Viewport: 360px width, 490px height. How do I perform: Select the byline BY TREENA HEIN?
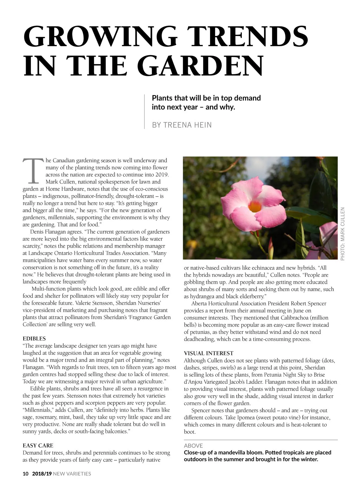[182, 125]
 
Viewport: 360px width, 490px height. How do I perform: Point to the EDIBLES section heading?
[34, 339]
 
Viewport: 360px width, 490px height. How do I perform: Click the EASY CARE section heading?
[38, 445]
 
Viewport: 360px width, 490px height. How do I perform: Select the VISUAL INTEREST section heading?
[208, 353]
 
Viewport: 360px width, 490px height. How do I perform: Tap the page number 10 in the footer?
[25, 474]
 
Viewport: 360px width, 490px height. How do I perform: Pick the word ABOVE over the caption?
[193, 446]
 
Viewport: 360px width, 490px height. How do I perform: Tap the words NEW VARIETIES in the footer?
[72, 474]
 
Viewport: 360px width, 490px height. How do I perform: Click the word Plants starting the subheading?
[162, 98]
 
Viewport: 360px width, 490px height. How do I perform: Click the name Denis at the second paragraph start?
[37, 232]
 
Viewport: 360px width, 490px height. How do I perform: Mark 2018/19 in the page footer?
[42, 474]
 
